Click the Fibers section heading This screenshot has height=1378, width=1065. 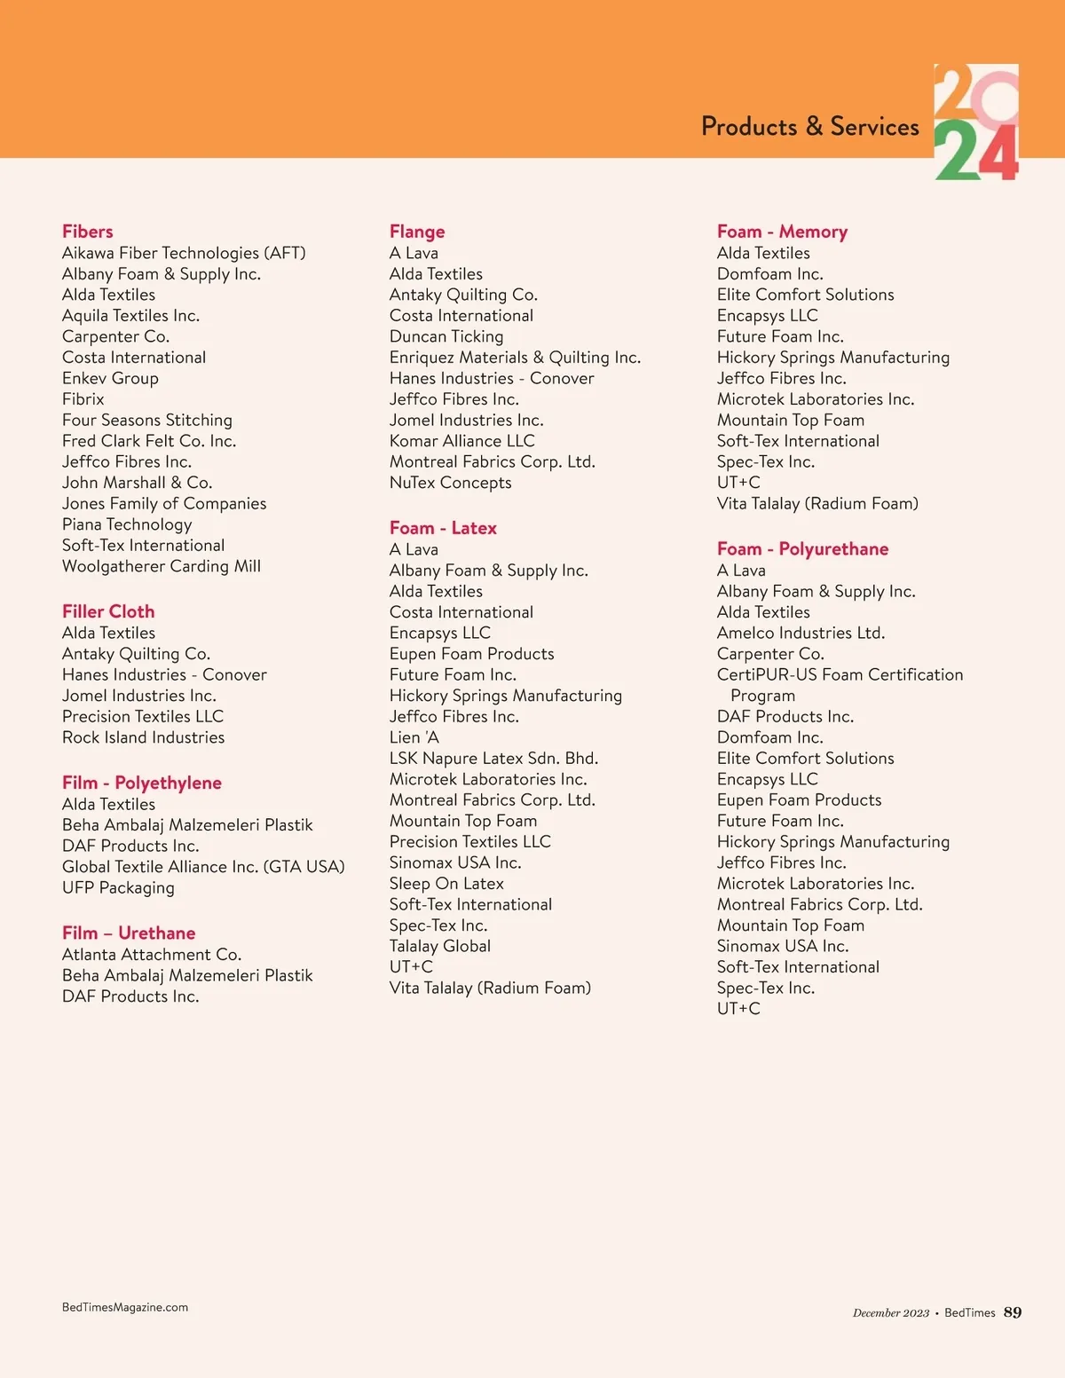(88, 232)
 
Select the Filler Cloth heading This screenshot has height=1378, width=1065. (108, 611)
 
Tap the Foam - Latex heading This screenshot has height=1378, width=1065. (443, 528)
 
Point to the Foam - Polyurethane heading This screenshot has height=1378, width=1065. (802, 549)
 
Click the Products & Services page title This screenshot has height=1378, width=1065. (809, 127)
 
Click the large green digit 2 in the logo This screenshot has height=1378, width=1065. (955, 152)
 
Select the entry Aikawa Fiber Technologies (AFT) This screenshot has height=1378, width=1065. (184, 253)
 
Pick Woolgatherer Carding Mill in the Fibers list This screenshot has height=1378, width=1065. (162, 566)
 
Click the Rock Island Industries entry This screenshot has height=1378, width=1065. (143, 737)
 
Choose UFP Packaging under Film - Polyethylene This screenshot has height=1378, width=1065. (118, 887)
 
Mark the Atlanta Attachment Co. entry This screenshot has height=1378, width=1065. (152, 955)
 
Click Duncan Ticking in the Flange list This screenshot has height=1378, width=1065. (446, 336)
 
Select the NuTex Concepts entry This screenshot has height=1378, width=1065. (450, 483)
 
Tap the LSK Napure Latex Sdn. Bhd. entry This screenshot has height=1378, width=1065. (493, 759)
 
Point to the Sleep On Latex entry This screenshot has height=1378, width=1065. (446, 884)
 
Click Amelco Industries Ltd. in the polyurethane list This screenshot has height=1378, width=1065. (801, 633)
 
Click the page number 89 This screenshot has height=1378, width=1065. (1013, 1312)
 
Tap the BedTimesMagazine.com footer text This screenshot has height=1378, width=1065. (125, 1307)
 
